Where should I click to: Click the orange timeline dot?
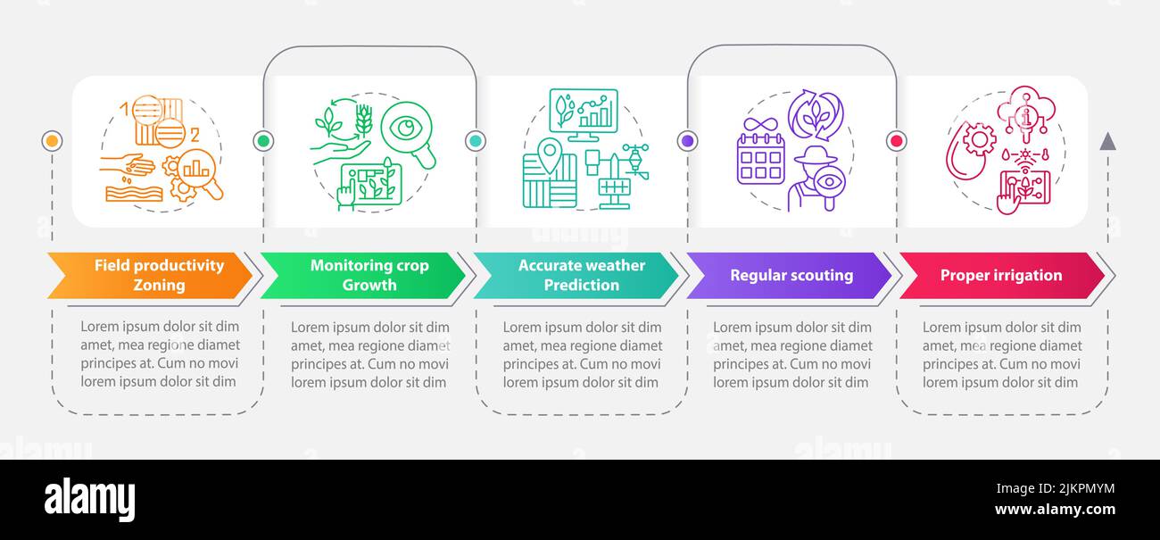[x=52, y=141]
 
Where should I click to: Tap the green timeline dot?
[x=263, y=141]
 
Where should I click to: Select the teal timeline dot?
[x=476, y=141]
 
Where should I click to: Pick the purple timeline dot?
[x=688, y=141]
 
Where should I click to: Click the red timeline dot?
[x=897, y=141]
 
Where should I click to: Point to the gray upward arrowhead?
[x=1107, y=141]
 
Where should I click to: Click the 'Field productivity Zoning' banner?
[x=150, y=275]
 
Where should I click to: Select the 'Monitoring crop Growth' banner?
[x=363, y=275]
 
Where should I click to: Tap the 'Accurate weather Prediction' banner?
[x=576, y=275]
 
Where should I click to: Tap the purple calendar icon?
[x=760, y=159]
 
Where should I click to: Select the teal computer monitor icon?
[x=584, y=114]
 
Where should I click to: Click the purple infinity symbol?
[x=760, y=125]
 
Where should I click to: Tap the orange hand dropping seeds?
[x=128, y=166]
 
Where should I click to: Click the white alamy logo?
[x=89, y=499]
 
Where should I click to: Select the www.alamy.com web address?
[x=1055, y=510]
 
